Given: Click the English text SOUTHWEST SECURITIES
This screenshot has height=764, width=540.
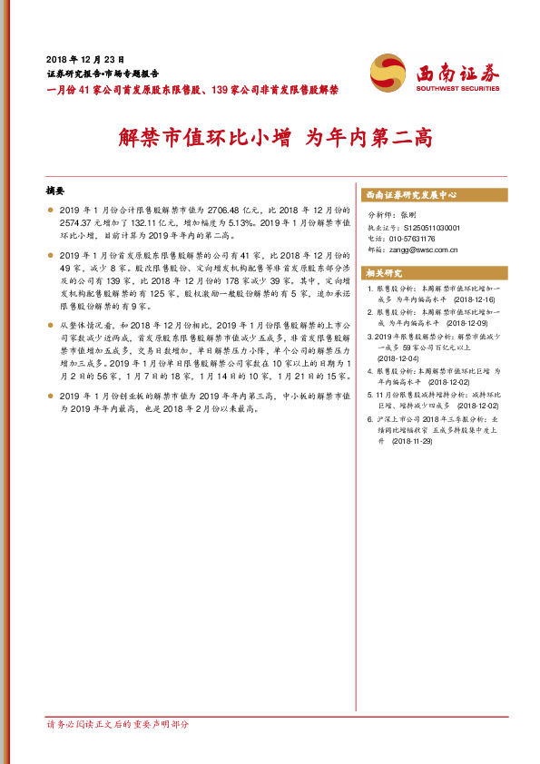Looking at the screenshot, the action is click(x=458, y=89).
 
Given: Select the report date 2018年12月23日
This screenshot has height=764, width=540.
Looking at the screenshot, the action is click(x=84, y=56).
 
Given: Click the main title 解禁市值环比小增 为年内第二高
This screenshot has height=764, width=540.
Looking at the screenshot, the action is click(x=276, y=138).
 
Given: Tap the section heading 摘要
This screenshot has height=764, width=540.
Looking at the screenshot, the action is click(x=55, y=191).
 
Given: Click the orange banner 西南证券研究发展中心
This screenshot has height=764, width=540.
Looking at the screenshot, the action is click(x=410, y=195).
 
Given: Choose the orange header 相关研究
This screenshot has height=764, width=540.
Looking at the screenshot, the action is click(x=383, y=272).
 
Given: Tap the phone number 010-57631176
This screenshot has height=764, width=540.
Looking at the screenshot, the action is click(x=417, y=239).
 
